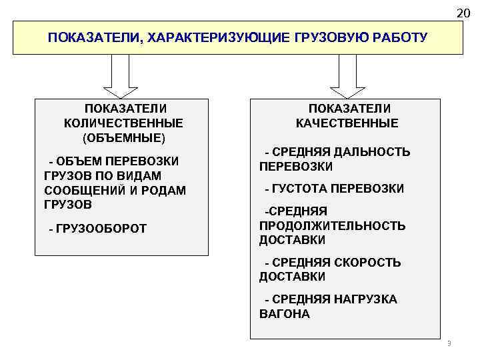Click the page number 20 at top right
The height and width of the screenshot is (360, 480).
pos(463,13)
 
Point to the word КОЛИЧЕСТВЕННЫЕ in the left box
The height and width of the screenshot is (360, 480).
pos(123,123)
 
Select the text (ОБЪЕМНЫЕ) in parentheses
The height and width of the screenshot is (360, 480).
pos(123,138)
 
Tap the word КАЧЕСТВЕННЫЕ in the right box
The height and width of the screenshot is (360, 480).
pos(347,123)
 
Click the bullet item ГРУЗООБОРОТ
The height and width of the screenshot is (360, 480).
pos(101,229)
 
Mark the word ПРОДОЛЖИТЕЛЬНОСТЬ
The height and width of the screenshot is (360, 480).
pos(332,225)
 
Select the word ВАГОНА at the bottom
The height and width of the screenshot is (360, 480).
pos(285,313)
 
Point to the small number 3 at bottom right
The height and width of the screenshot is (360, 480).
pos(449,343)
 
